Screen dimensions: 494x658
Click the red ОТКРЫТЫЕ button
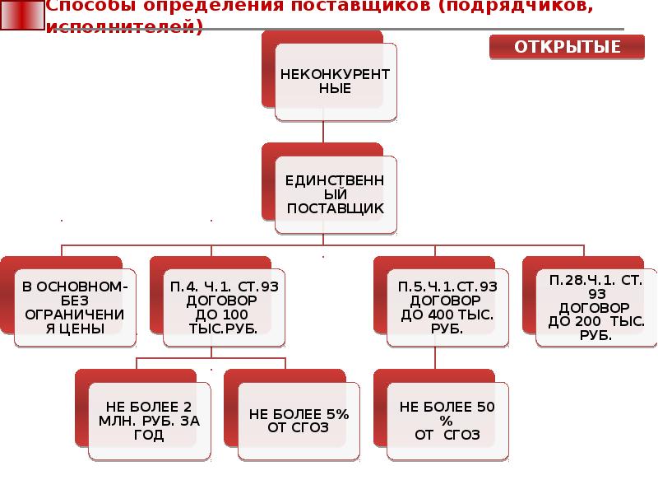568,47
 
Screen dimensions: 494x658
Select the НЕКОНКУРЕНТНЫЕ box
335,82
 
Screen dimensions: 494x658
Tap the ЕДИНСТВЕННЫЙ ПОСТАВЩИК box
335,193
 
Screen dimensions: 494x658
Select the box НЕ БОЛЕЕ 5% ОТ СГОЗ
298,420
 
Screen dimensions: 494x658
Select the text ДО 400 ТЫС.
447,315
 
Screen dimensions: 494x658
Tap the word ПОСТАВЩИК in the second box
335,208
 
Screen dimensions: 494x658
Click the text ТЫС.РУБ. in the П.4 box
224,329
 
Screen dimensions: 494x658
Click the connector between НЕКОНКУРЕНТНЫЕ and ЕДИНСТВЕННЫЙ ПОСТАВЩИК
323,132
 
